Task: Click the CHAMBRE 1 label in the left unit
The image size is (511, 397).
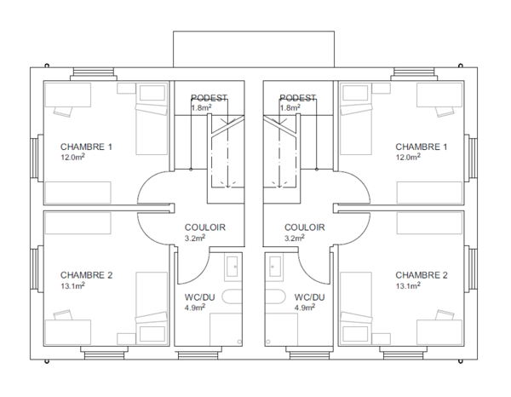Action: [86, 147]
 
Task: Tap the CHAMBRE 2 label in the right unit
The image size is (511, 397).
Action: [422, 275]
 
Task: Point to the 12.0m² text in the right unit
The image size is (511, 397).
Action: [408, 157]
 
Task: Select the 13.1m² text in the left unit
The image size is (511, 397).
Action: [72, 286]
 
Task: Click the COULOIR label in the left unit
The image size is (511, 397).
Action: [205, 227]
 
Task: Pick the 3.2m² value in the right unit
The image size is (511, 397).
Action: [295, 238]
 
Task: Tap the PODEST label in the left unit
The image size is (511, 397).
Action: [209, 98]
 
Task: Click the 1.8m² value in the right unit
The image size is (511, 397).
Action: [290, 107]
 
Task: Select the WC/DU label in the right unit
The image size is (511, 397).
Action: [310, 297]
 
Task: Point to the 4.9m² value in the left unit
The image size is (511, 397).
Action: [195, 308]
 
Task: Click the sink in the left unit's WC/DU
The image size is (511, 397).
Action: [233, 267]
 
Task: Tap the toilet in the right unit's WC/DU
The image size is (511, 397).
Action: [275, 296]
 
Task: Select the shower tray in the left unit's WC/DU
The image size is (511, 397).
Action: [226, 329]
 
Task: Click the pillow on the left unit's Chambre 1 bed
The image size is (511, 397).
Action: [152, 93]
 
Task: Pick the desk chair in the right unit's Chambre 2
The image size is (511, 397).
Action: [445, 314]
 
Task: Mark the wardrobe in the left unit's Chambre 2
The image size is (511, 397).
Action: [78, 223]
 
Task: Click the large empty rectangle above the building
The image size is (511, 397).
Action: [254, 49]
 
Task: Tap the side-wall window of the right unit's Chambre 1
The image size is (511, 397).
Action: [471, 158]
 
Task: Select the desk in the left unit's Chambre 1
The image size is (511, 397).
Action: [68, 95]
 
